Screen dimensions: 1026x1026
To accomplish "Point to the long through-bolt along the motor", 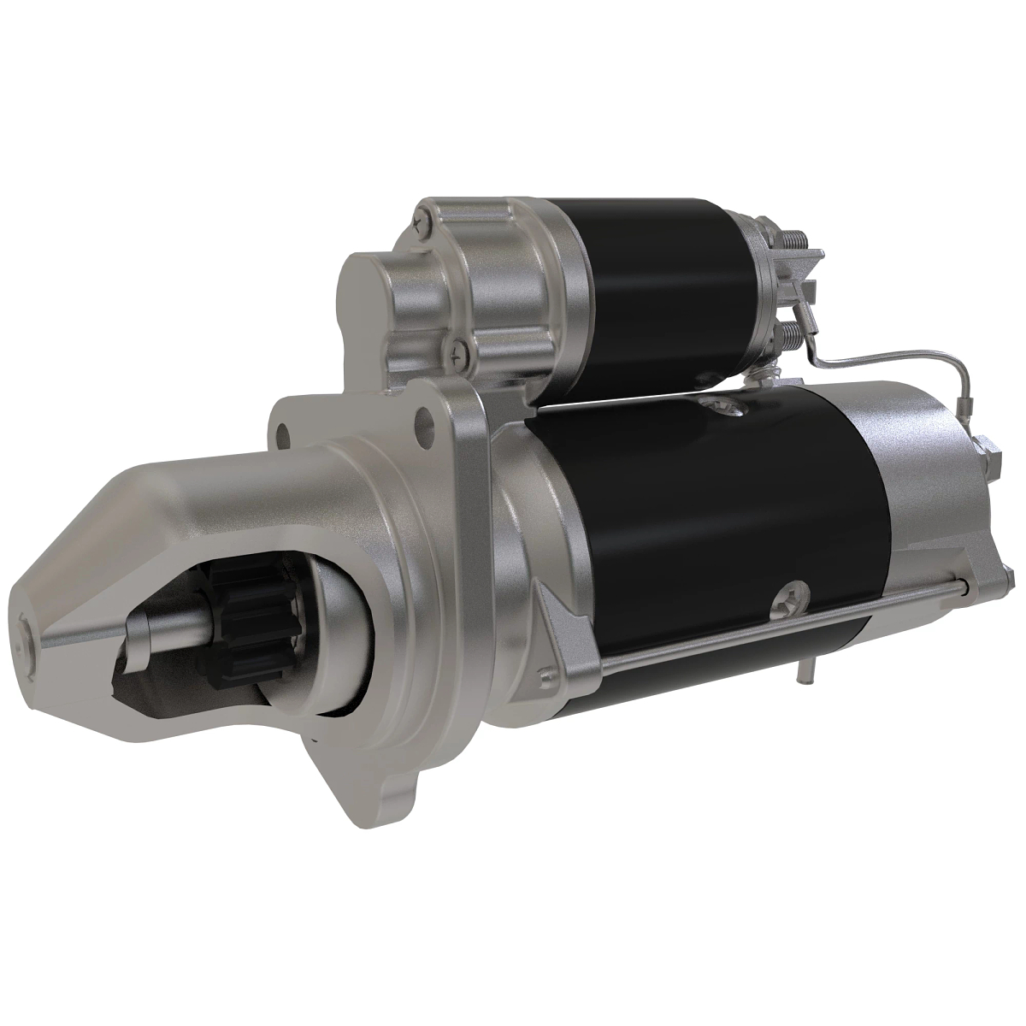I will [x=769, y=625].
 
